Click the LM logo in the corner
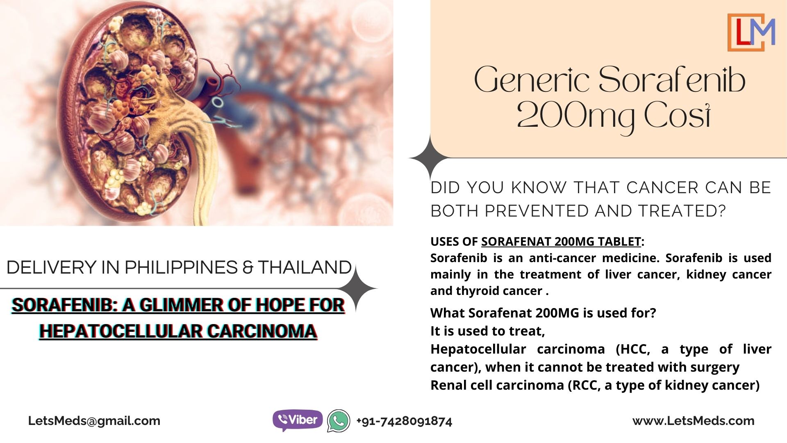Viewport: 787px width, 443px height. pyautogui.click(x=751, y=32)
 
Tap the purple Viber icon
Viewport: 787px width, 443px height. pyautogui.click(x=298, y=420)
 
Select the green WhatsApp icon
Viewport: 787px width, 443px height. pyautogui.click(x=339, y=421)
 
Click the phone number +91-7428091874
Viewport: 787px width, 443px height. pyautogui.click(x=404, y=421)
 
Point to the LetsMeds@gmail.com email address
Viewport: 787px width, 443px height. pyautogui.click(x=94, y=421)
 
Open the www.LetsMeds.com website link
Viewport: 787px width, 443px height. pyautogui.click(x=694, y=421)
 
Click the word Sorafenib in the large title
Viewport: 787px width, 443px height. pyautogui.click(x=672, y=80)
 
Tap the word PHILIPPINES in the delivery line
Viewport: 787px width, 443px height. pyautogui.click(x=181, y=267)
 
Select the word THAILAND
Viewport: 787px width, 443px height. pyautogui.click(x=305, y=267)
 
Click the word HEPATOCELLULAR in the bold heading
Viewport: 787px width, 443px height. pyautogui.click(x=121, y=331)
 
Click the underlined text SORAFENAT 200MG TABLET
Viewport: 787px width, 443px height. pyautogui.click(x=561, y=242)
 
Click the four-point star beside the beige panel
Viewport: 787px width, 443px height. pyautogui.click(x=430, y=158)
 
